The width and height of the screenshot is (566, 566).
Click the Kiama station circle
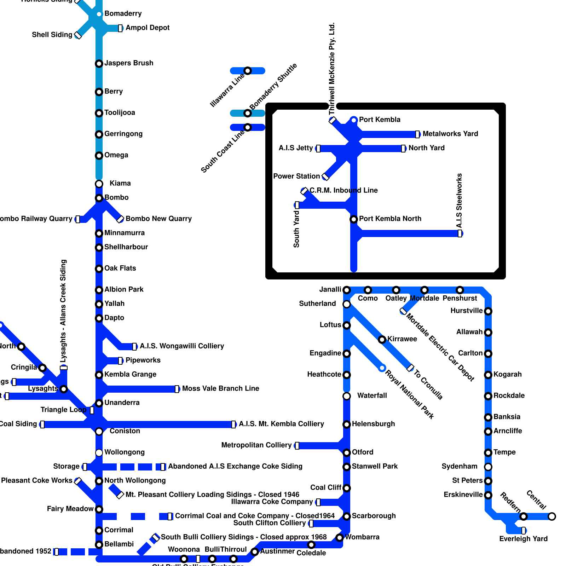click(x=99, y=184)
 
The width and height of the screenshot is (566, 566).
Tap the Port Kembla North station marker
click(x=354, y=219)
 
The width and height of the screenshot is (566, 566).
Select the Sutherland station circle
click(x=347, y=304)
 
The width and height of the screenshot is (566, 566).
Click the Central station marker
click(x=552, y=516)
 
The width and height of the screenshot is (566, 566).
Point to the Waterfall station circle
click(x=347, y=396)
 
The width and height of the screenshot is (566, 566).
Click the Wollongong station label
click(x=125, y=452)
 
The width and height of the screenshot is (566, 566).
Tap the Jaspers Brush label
click(x=129, y=63)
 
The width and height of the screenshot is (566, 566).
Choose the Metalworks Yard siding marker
click(x=417, y=134)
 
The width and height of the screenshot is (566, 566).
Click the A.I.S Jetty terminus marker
click(x=318, y=149)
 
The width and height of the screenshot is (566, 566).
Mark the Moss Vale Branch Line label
click(x=220, y=389)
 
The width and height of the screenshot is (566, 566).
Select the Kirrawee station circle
click(x=382, y=340)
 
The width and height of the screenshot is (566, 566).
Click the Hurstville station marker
click(x=488, y=311)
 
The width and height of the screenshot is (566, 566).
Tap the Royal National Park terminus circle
click(x=382, y=368)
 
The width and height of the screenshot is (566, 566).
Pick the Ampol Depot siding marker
click(x=120, y=28)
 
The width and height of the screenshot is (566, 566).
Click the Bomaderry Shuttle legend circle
click(x=248, y=113)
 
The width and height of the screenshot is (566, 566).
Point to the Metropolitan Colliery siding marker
click(x=297, y=446)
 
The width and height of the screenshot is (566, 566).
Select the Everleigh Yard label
click(x=523, y=539)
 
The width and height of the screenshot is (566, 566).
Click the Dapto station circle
click(x=99, y=318)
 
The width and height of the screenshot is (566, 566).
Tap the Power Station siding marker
click(x=325, y=177)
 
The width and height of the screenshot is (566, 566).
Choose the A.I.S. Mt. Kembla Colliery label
click(x=281, y=424)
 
